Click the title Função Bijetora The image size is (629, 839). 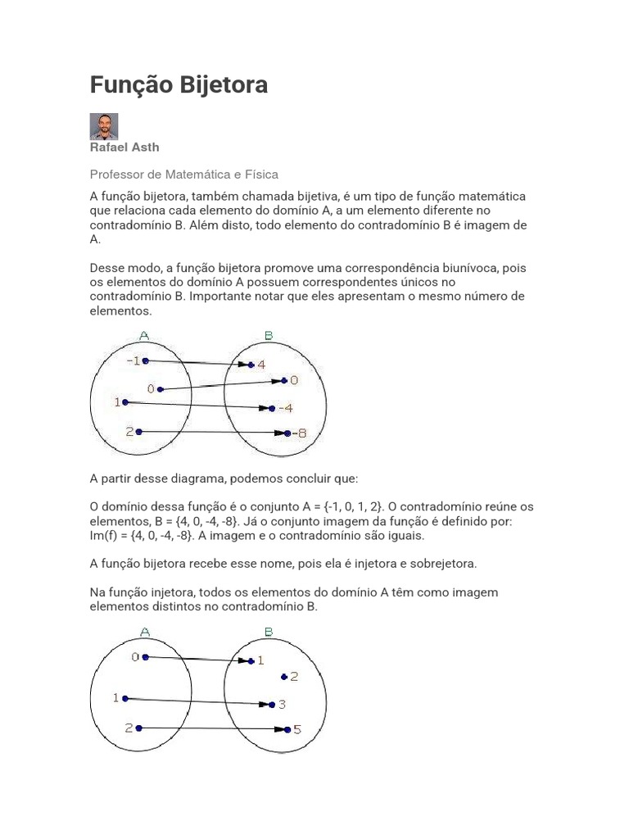(x=178, y=84)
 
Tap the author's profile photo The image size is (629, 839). (x=103, y=127)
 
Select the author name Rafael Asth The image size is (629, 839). (x=124, y=147)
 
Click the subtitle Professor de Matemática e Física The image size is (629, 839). (x=183, y=174)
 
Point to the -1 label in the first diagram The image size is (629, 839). (x=132, y=361)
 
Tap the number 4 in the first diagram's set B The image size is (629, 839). (x=261, y=365)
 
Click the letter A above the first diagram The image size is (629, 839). (x=144, y=335)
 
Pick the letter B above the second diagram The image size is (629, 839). (x=269, y=632)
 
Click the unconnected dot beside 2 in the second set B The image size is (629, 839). (x=283, y=677)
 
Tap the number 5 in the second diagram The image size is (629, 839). (x=297, y=728)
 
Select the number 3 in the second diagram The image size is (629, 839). (x=282, y=704)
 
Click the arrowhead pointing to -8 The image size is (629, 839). (x=280, y=433)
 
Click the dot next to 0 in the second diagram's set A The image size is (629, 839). (x=145, y=657)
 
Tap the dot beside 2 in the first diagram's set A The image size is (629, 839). (x=140, y=431)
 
